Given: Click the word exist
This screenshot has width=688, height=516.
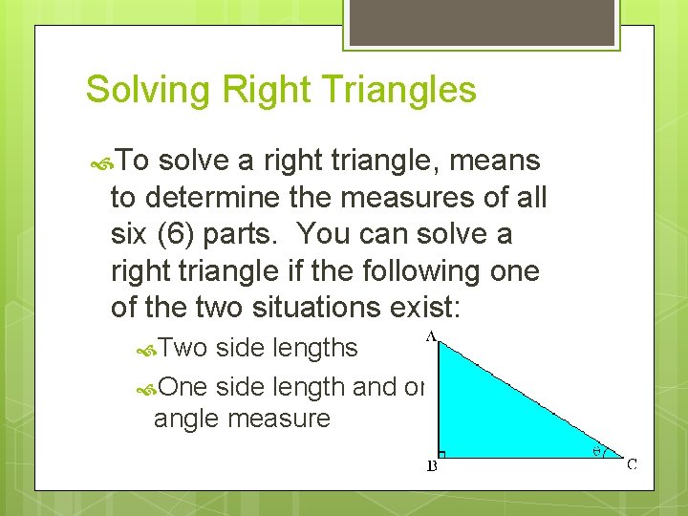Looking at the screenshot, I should tap(429, 307).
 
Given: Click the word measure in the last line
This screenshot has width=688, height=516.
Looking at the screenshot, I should tap(286, 418).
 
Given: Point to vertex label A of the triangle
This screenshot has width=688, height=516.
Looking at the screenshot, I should tap(432, 335).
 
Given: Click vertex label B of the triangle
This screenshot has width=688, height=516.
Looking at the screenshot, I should tap(431, 467).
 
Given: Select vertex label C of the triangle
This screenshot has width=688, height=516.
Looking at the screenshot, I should tap(632, 464).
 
